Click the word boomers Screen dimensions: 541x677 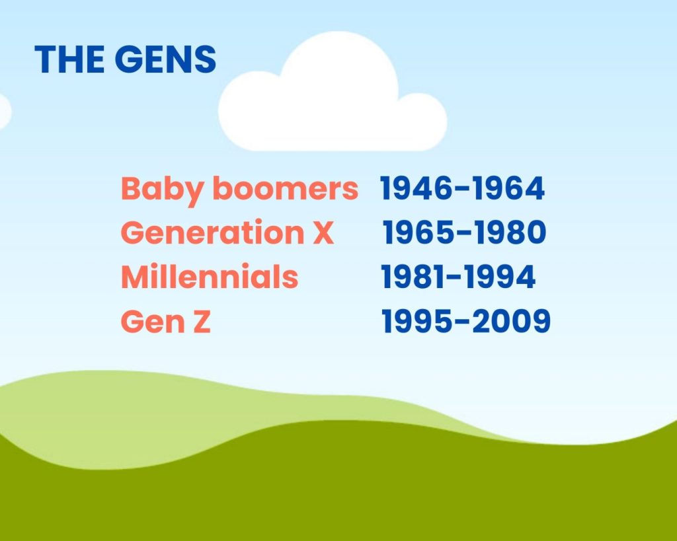pyautogui.click(x=285, y=189)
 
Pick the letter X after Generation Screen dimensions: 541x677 pyautogui.click(x=323, y=233)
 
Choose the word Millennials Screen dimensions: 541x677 pyautogui.click(x=210, y=277)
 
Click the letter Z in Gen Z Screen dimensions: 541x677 pyautogui.click(x=200, y=322)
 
